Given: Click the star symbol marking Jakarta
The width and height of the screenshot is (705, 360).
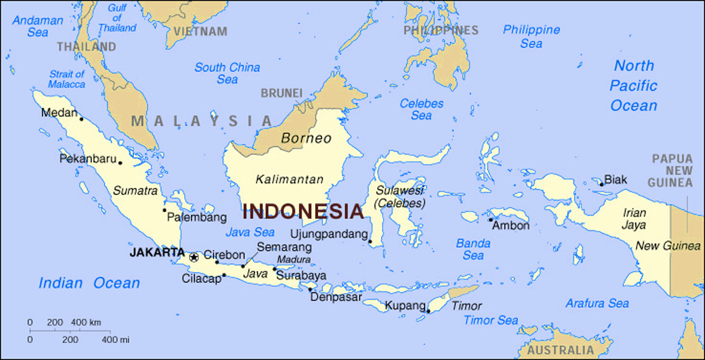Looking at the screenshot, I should (193, 257).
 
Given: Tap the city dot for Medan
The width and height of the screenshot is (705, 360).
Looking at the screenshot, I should (81, 119).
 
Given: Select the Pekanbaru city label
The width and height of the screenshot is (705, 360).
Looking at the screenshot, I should (87, 159).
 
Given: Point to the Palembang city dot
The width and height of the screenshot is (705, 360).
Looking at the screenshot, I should (164, 210).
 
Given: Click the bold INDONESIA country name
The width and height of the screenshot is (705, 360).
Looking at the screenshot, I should (303, 211).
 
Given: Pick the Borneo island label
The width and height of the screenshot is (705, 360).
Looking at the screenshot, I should (306, 139).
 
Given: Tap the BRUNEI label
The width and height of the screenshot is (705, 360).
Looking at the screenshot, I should (281, 93).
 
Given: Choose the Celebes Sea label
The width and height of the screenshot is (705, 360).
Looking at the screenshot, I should (422, 109).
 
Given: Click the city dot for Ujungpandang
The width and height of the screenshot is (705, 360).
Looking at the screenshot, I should (369, 242).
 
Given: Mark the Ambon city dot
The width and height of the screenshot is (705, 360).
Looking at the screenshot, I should (491, 220).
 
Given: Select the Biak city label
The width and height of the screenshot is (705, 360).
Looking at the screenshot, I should (615, 180).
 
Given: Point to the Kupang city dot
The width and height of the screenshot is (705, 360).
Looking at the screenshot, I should (428, 311).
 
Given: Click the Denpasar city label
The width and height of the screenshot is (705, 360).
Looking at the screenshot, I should (336, 297).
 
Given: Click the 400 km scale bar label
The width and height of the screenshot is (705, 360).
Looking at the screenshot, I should (86, 323).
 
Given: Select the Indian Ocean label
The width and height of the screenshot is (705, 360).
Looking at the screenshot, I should (89, 283).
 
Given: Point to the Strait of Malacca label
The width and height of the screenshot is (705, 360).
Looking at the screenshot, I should (67, 79).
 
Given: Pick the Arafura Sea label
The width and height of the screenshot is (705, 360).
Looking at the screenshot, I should (597, 304).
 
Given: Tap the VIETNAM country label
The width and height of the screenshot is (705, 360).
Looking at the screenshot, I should (201, 32).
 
